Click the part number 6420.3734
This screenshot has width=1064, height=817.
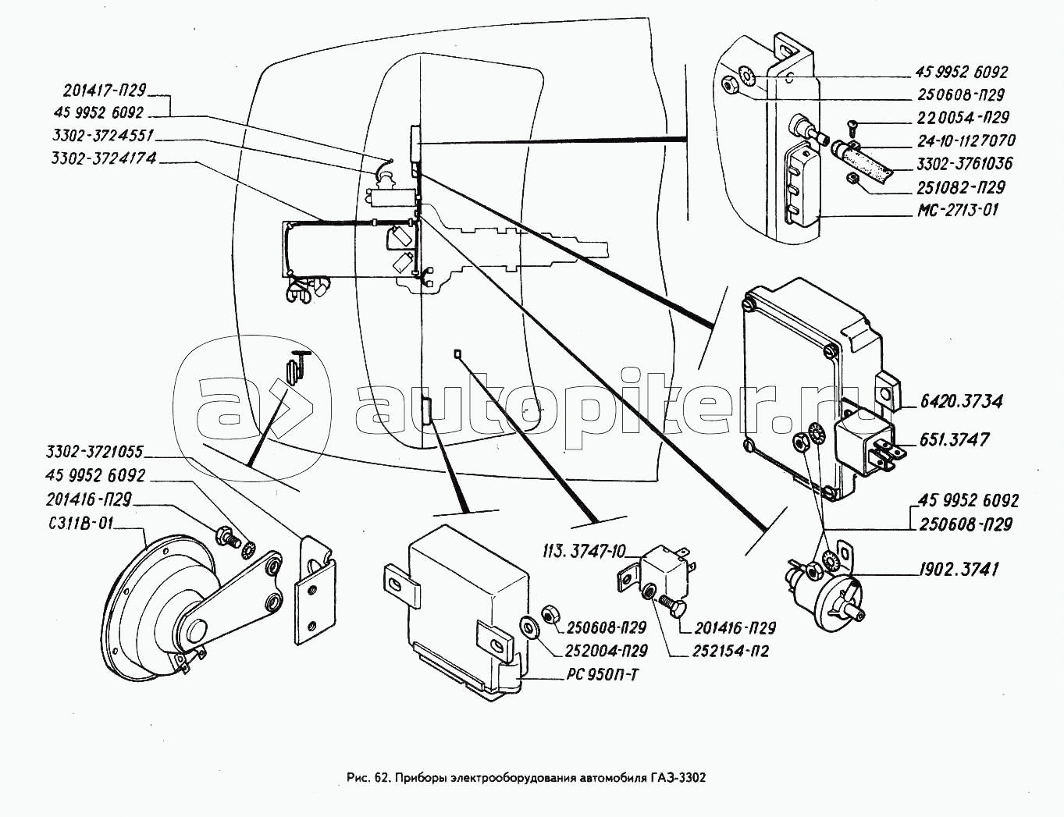tap(960, 402)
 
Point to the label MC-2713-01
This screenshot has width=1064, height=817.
tap(956, 210)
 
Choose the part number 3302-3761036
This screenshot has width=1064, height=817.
tap(964, 164)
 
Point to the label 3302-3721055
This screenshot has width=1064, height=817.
tap(94, 452)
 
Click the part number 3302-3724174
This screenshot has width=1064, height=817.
tap(102, 158)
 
